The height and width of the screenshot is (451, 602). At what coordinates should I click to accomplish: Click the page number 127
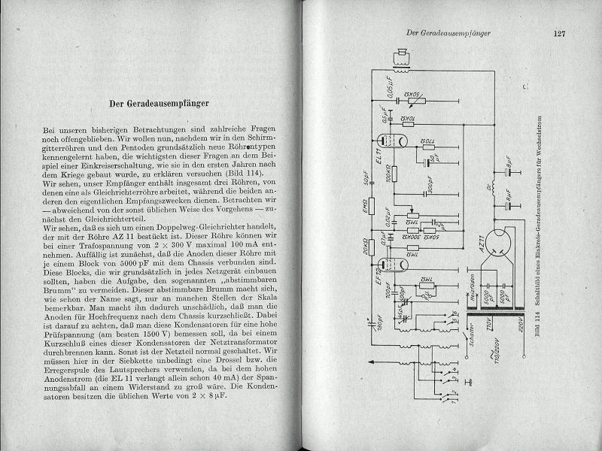pos(558,33)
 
